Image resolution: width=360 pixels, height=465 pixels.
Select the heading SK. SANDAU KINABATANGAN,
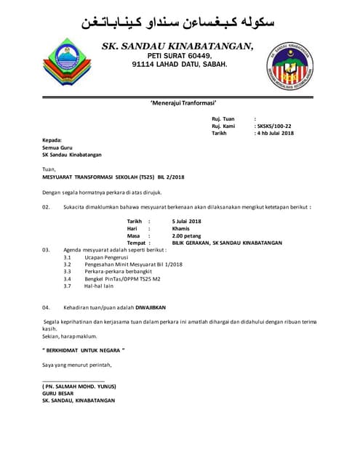click(x=178, y=46)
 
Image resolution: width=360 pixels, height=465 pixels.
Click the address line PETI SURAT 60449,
click(x=180, y=56)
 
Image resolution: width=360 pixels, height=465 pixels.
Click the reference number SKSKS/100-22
click(x=274, y=126)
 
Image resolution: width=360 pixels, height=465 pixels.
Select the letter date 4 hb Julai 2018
click(x=274, y=134)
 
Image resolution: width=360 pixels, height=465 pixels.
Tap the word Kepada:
click(x=52, y=139)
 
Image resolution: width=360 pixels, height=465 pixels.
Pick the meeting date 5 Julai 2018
click(x=186, y=220)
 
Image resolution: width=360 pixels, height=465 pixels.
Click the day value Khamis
click(x=181, y=228)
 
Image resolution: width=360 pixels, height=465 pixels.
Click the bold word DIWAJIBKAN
click(x=156, y=308)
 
